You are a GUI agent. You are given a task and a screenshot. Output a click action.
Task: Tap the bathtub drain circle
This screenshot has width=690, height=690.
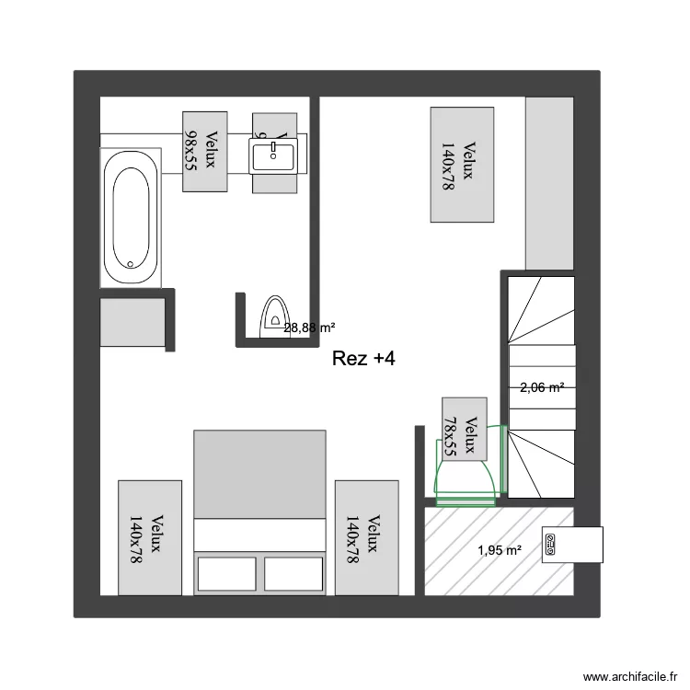pyautogui.click(x=130, y=264)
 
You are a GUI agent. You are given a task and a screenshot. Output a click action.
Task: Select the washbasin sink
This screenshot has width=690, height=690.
pyautogui.click(x=274, y=155)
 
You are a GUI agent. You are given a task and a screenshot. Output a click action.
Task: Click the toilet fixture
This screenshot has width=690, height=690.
pyautogui.click(x=274, y=315)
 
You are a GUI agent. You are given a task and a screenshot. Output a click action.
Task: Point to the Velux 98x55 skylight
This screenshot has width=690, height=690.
pyautogui.click(x=204, y=151)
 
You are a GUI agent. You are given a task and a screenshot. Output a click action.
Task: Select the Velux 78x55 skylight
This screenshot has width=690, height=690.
pyautogui.click(x=464, y=428)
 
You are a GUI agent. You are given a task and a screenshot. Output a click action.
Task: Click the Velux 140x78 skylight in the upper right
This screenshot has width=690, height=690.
pyautogui.click(x=463, y=165)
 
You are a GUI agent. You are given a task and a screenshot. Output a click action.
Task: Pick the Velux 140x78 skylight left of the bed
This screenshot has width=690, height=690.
pyautogui.click(x=150, y=537)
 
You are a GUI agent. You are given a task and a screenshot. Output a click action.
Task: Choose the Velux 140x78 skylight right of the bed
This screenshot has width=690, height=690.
pyautogui.click(x=366, y=537)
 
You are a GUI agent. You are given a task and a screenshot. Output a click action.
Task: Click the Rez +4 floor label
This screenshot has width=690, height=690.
pyautogui.click(x=363, y=360)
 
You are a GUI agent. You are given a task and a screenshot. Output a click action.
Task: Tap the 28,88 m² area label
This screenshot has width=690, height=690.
pyautogui.click(x=309, y=328)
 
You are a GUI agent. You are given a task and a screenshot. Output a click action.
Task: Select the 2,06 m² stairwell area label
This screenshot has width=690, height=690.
pyautogui.click(x=542, y=388)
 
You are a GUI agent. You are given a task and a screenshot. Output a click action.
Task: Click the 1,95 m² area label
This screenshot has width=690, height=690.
pyautogui.click(x=499, y=551)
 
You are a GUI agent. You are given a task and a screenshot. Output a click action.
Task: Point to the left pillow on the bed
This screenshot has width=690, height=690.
pyautogui.click(x=227, y=573)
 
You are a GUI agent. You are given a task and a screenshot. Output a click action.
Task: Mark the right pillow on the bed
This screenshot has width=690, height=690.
pyautogui.click(x=294, y=573)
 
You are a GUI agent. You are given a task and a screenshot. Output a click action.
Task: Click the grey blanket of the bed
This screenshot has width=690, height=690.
pyautogui.click(x=259, y=474)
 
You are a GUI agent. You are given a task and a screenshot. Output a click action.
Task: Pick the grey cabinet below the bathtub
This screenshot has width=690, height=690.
pyautogui.click(x=133, y=321)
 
